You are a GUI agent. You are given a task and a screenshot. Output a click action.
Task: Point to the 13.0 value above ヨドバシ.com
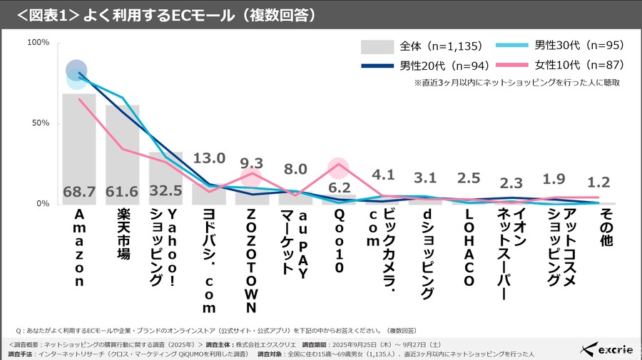(210, 158)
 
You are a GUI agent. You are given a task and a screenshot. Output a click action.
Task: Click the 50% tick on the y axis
(40, 123)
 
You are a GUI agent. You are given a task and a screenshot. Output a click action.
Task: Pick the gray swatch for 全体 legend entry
(377, 47)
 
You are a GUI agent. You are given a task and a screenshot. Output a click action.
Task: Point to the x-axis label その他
(606, 228)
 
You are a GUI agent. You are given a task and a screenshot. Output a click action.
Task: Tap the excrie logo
(606, 349)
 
